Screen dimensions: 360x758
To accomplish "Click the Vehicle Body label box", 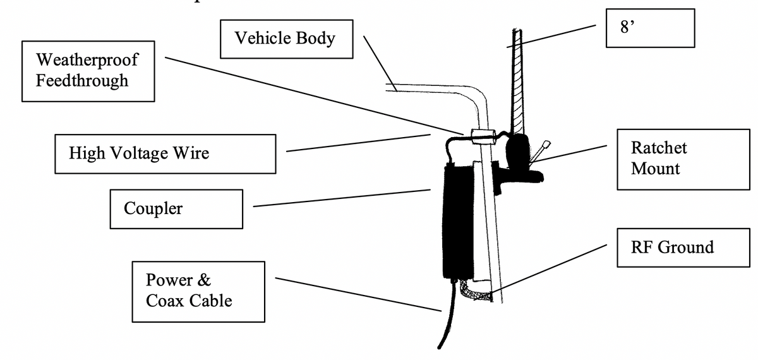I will tap(286, 38).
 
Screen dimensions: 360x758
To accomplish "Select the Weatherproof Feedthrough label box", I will tap(88, 70).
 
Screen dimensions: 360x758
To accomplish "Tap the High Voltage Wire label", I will tap(165, 153).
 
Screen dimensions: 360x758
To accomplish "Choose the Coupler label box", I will tap(176, 208).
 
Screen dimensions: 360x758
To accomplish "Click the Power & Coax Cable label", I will tap(198, 291).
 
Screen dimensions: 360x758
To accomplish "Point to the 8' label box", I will tap(650, 28).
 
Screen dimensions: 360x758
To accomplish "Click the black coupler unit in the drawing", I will tap(457, 221).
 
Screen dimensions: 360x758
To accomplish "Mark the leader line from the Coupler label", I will tap(341, 197).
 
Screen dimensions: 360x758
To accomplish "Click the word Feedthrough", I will tap(82, 80).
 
